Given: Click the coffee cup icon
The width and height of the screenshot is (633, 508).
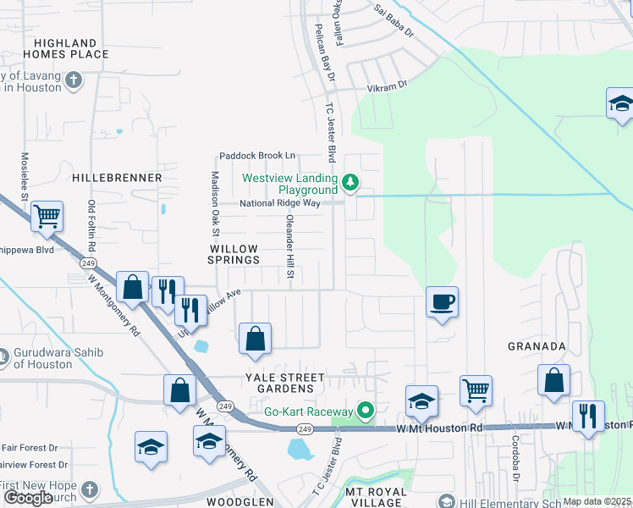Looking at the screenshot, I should [x=442, y=301].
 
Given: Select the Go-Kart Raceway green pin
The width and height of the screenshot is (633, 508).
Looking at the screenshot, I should [x=366, y=411].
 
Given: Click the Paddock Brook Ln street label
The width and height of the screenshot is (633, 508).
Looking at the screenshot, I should [x=257, y=156].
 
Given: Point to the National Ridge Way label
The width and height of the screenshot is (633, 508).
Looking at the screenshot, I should [x=267, y=203].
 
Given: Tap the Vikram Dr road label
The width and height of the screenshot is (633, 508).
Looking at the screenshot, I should [x=387, y=85].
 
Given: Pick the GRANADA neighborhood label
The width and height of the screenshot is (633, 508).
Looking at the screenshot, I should [x=536, y=346].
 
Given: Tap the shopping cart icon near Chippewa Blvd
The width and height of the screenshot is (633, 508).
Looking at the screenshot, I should [x=47, y=217].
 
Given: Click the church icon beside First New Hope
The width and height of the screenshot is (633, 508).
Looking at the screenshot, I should [x=89, y=489].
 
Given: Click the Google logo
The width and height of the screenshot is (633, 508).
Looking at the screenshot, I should [x=28, y=498].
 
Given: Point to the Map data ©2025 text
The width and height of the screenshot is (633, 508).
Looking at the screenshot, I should [x=597, y=501].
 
